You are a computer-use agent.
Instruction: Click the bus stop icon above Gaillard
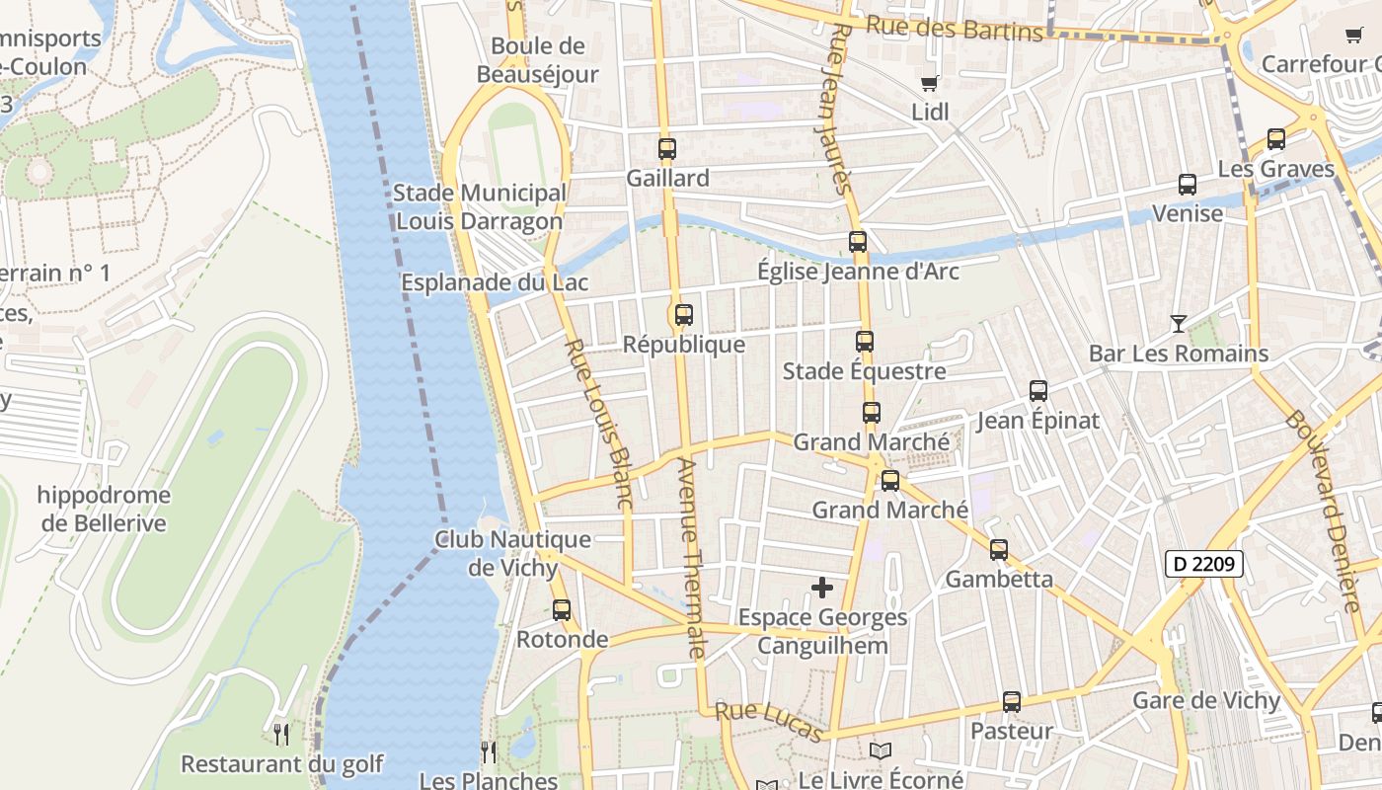[x=667, y=149]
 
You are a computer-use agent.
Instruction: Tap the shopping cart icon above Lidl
[x=929, y=83]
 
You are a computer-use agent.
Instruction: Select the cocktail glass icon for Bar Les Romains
[x=1178, y=323]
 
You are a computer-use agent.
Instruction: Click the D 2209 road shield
[x=1203, y=565]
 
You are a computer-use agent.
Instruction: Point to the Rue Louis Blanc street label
[x=598, y=425]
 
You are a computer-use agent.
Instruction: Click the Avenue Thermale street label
[x=691, y=558]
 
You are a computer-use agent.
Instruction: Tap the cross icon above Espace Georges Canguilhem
[x=821, y=588]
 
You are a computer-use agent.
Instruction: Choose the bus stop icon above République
[x=683, y=315]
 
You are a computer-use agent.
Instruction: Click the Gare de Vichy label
[x=1205, y=701]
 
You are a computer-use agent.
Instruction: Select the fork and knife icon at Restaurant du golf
[x=281, y=734]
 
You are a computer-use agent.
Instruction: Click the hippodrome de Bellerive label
[x=104, y=509]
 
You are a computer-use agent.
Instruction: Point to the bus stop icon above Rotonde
[x=562, y=609]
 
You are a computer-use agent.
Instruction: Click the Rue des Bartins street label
[x=954, y=28]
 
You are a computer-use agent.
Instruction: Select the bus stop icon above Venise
[x=1188, y=185]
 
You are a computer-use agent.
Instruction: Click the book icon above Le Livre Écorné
[x=881, y=750]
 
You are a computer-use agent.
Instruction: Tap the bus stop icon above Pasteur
[x=1012, y=702]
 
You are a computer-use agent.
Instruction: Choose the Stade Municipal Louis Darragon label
[x=480, y=206]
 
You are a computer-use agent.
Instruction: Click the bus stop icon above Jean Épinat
[x=1038, y=391]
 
